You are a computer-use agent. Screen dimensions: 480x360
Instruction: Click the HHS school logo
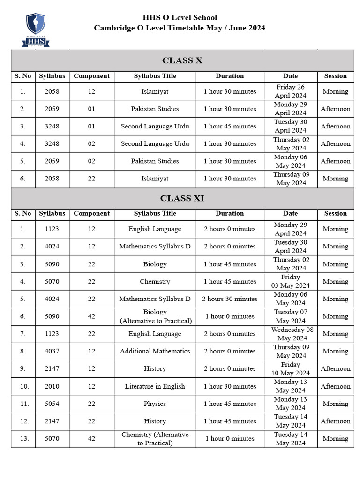36,30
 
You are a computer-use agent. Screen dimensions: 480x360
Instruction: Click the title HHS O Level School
180,18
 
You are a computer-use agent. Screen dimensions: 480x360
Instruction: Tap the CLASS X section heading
182,60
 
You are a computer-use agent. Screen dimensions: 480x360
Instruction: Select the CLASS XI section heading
182,198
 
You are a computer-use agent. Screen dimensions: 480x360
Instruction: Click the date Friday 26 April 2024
290,91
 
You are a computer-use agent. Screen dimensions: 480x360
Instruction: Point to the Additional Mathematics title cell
155,351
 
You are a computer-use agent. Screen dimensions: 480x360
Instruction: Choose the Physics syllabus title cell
155,404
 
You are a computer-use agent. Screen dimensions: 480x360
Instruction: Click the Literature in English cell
155,386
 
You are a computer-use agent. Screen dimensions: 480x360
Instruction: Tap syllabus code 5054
52,404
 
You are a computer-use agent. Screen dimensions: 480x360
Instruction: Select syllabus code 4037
52,351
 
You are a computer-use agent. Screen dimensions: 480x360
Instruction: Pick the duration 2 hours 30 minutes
230,299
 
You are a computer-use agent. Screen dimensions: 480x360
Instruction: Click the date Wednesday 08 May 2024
292,334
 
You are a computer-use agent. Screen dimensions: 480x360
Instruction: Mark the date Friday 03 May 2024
291,281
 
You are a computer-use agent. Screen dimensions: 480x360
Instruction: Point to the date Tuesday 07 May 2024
291,316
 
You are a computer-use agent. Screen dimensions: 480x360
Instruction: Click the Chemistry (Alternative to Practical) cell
155,439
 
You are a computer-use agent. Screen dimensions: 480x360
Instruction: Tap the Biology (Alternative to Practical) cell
155,316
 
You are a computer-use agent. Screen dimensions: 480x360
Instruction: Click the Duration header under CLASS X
230,76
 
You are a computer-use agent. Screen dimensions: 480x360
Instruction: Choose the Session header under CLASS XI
336,213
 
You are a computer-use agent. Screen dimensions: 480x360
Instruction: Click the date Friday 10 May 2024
291,369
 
